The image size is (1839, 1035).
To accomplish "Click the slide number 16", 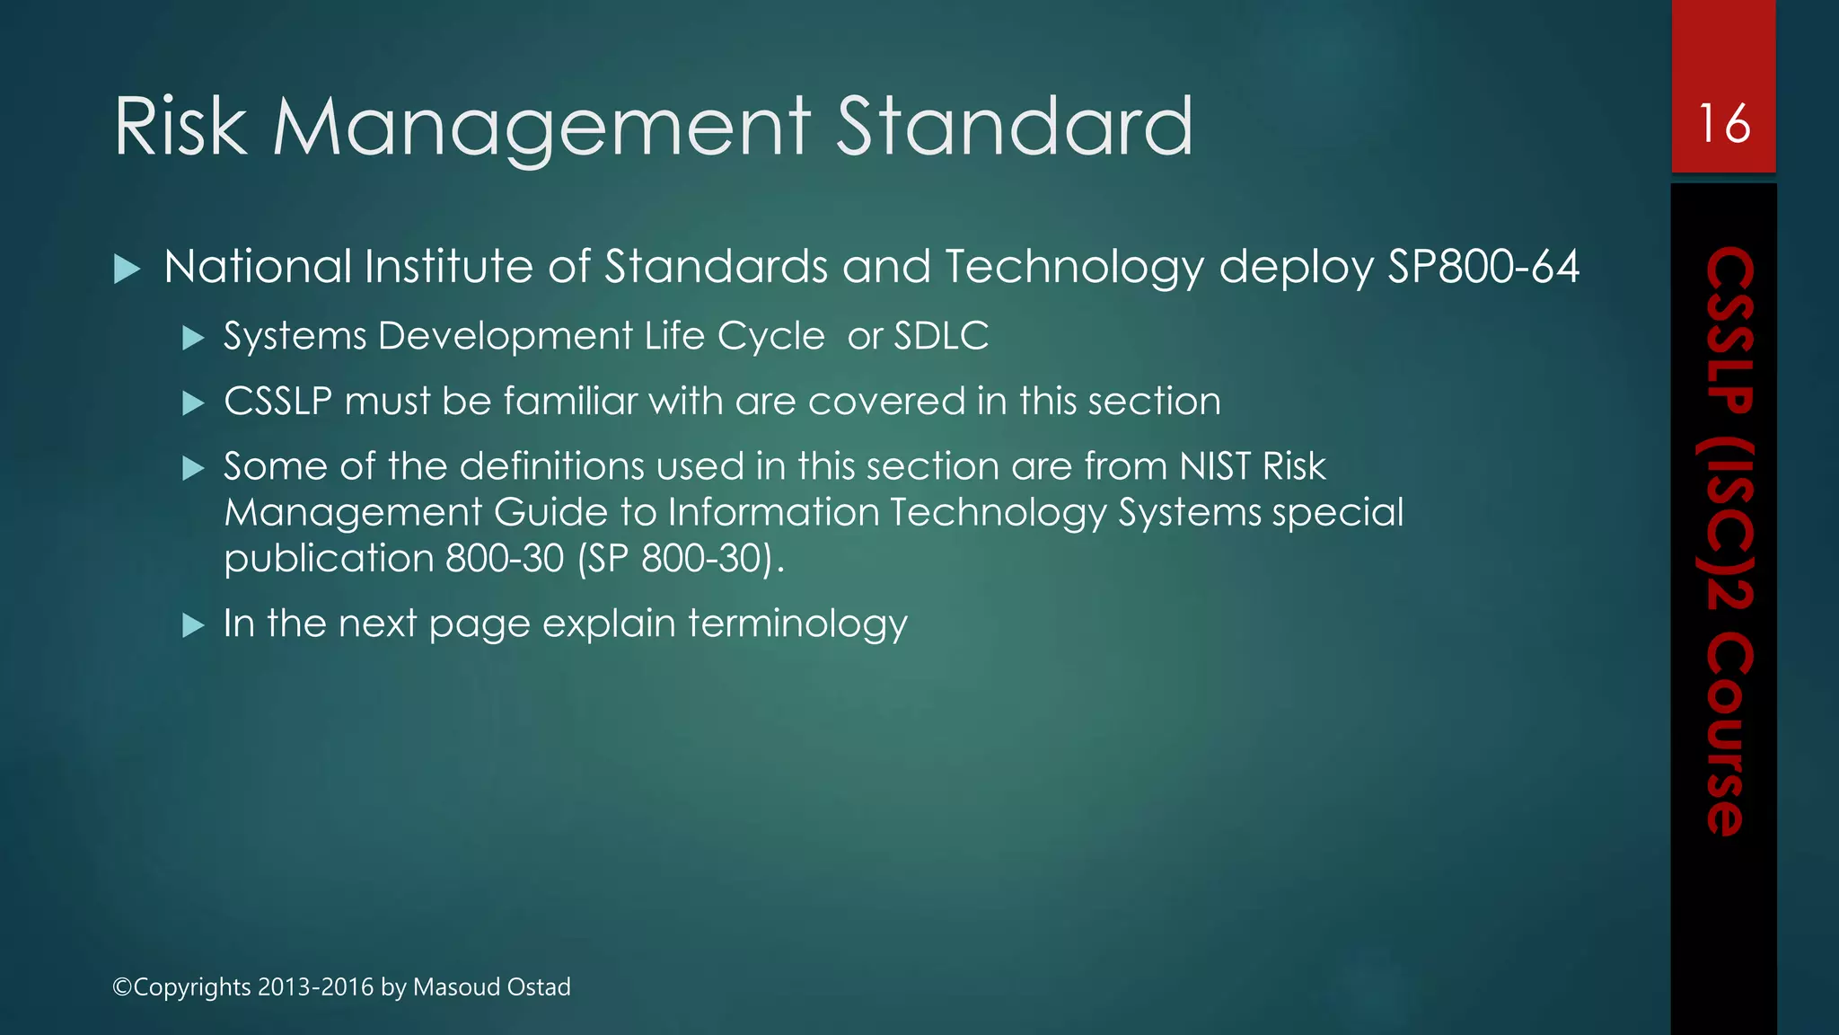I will point(1724,123).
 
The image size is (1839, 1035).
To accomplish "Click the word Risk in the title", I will point(180,127).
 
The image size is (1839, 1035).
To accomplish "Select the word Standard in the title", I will point(1015,127).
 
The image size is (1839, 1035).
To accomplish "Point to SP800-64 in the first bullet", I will point(1483,267).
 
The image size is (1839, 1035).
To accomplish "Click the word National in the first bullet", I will point(258,267).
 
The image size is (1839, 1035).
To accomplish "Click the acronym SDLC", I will point(941,336).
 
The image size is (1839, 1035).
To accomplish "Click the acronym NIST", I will point(1215,466).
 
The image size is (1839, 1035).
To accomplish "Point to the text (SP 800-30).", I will point(675,559).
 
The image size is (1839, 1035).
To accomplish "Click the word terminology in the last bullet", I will point(798,624).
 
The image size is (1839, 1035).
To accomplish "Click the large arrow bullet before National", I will point(128,269).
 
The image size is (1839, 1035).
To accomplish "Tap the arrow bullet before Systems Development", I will point(193,338).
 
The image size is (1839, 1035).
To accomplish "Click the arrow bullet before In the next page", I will point(193,624).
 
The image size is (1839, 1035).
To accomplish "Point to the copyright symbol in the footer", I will point(122,986).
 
